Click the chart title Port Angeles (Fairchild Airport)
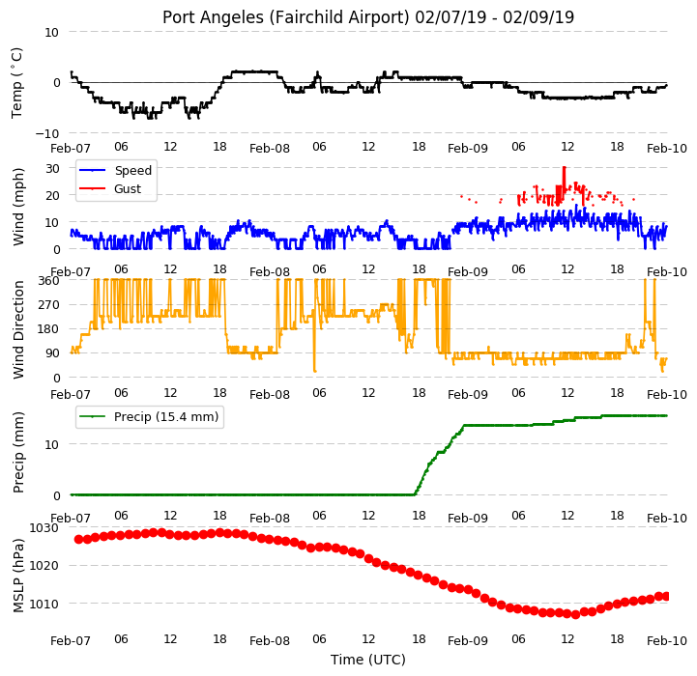tap(285, 17)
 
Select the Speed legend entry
tap(116, 171)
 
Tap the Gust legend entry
tap(110, 188)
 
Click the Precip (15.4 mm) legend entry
tap(149, 416)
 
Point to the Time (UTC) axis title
tap(368, 660)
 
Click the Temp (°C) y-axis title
tap(16, 83)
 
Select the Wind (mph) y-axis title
tap(18, 207)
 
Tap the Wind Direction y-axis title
tap(18, 329)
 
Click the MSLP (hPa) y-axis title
tap(18, 577)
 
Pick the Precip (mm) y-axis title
tap(18, 453)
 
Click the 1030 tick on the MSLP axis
tap(44, 527)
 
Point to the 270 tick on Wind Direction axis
tap(49, 305)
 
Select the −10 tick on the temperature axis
tap(47, 133)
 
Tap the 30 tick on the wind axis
tap(52, 168)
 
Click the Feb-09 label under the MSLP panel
tap(468, 641)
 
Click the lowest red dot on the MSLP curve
tap(575, 615)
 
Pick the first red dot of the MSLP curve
tap(78, 539)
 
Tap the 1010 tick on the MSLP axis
tap(44, 604)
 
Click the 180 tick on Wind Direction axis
tap(49, 329)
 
